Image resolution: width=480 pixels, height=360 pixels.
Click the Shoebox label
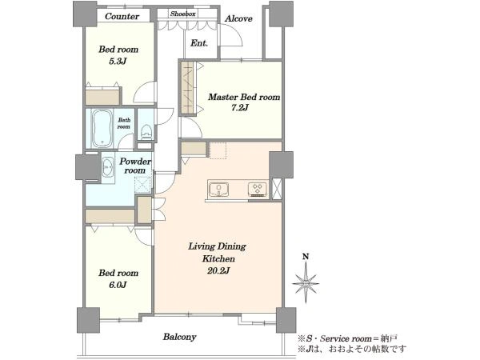182,14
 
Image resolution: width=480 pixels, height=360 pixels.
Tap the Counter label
122,16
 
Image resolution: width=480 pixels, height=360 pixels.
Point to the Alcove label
238,18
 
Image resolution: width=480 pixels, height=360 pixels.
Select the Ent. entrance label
199,43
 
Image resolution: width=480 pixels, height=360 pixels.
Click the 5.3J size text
118,62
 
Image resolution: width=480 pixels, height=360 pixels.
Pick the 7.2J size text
240,108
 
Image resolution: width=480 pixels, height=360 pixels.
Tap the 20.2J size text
218,270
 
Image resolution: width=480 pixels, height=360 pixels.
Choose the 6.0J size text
118,285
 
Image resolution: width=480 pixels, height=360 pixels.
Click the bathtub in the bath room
102,128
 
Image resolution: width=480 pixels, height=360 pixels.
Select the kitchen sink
218,190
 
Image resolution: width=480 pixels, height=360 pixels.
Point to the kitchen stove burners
258,189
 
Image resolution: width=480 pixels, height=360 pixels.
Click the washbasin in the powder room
107,167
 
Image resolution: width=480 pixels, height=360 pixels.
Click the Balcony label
179,337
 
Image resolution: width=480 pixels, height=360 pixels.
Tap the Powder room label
135,166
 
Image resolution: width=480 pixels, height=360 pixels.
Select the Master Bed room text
244,97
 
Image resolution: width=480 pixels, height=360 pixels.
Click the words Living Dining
217,246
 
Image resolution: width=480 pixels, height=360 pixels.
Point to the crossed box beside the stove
277,189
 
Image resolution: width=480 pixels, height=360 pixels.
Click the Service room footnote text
348,338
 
